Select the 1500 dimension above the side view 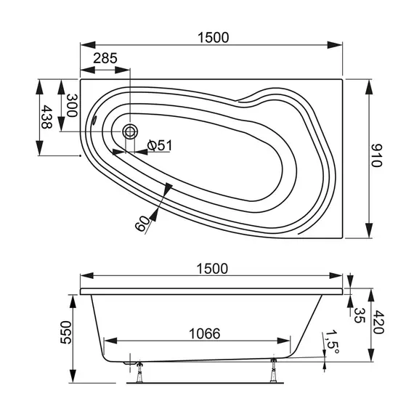coord(211,268)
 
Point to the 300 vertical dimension coord(71,105)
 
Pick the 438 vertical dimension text coord(47,117)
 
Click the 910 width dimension coord(376,155)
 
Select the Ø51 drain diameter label coord(159,145)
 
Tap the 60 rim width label coord(142,222)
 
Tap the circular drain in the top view coord(130,131)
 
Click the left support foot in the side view coord(138,370)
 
